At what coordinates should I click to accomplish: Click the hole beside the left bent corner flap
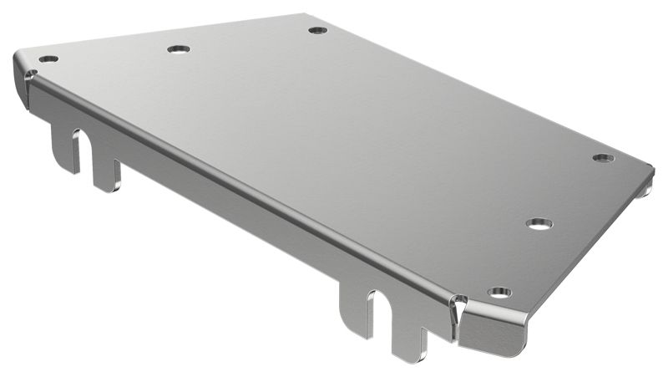[48, 59]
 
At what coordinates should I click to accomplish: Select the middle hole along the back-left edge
[179, 49]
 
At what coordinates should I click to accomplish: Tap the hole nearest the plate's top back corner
[317, 30]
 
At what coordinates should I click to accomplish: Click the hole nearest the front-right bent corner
[499, 293]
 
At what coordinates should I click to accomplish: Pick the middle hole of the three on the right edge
[539, 223]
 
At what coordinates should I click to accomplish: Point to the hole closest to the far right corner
[603, 158]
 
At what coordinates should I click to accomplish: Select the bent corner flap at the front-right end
[493, 330]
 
